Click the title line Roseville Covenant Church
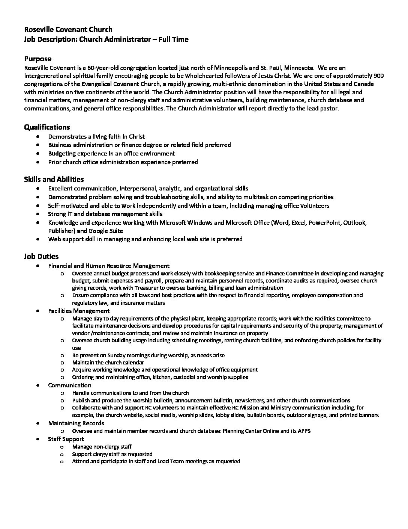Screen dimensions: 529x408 (68, 29)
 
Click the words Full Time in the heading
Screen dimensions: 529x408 (174, 39)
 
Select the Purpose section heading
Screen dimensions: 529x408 (37, 59)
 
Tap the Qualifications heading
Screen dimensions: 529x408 (47, 127)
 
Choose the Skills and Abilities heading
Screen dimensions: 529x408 (54, 179)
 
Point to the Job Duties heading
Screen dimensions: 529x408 (41, 257)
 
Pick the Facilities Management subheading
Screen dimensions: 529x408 (79, 311)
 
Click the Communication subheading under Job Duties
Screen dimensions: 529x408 (69, 385)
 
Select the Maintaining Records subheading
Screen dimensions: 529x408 (76, 423)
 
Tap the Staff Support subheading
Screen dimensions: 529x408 (66, 439)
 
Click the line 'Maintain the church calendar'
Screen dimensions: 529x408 (108, 363)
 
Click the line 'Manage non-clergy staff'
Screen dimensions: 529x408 (102, 447)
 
